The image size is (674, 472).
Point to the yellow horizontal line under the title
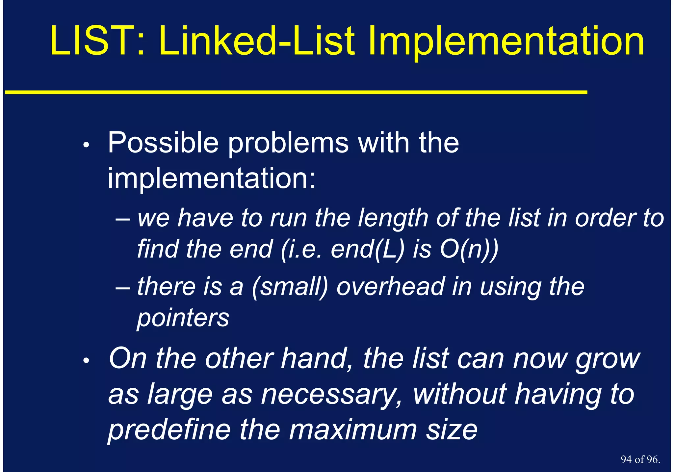[x=296, y=93]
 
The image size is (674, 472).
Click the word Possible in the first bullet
[x=163, y=143]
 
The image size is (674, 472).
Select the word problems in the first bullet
[x=288, y=143]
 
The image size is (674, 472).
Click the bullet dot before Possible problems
[x=86, y=145]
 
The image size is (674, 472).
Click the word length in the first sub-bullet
[x=393, y=218]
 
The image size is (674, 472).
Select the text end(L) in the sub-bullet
[x=367, y=249]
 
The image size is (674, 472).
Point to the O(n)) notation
[x=469, y=249]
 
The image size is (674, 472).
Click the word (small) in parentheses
[x=290, y=287]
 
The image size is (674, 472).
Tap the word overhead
[x=390, y=287]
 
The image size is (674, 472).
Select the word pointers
[x=183, y=319]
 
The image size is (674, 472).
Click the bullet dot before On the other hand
[x=86, y=361]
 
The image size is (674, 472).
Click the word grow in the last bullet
[x=608, y=359]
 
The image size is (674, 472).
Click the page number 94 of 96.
[x=640, y=459]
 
